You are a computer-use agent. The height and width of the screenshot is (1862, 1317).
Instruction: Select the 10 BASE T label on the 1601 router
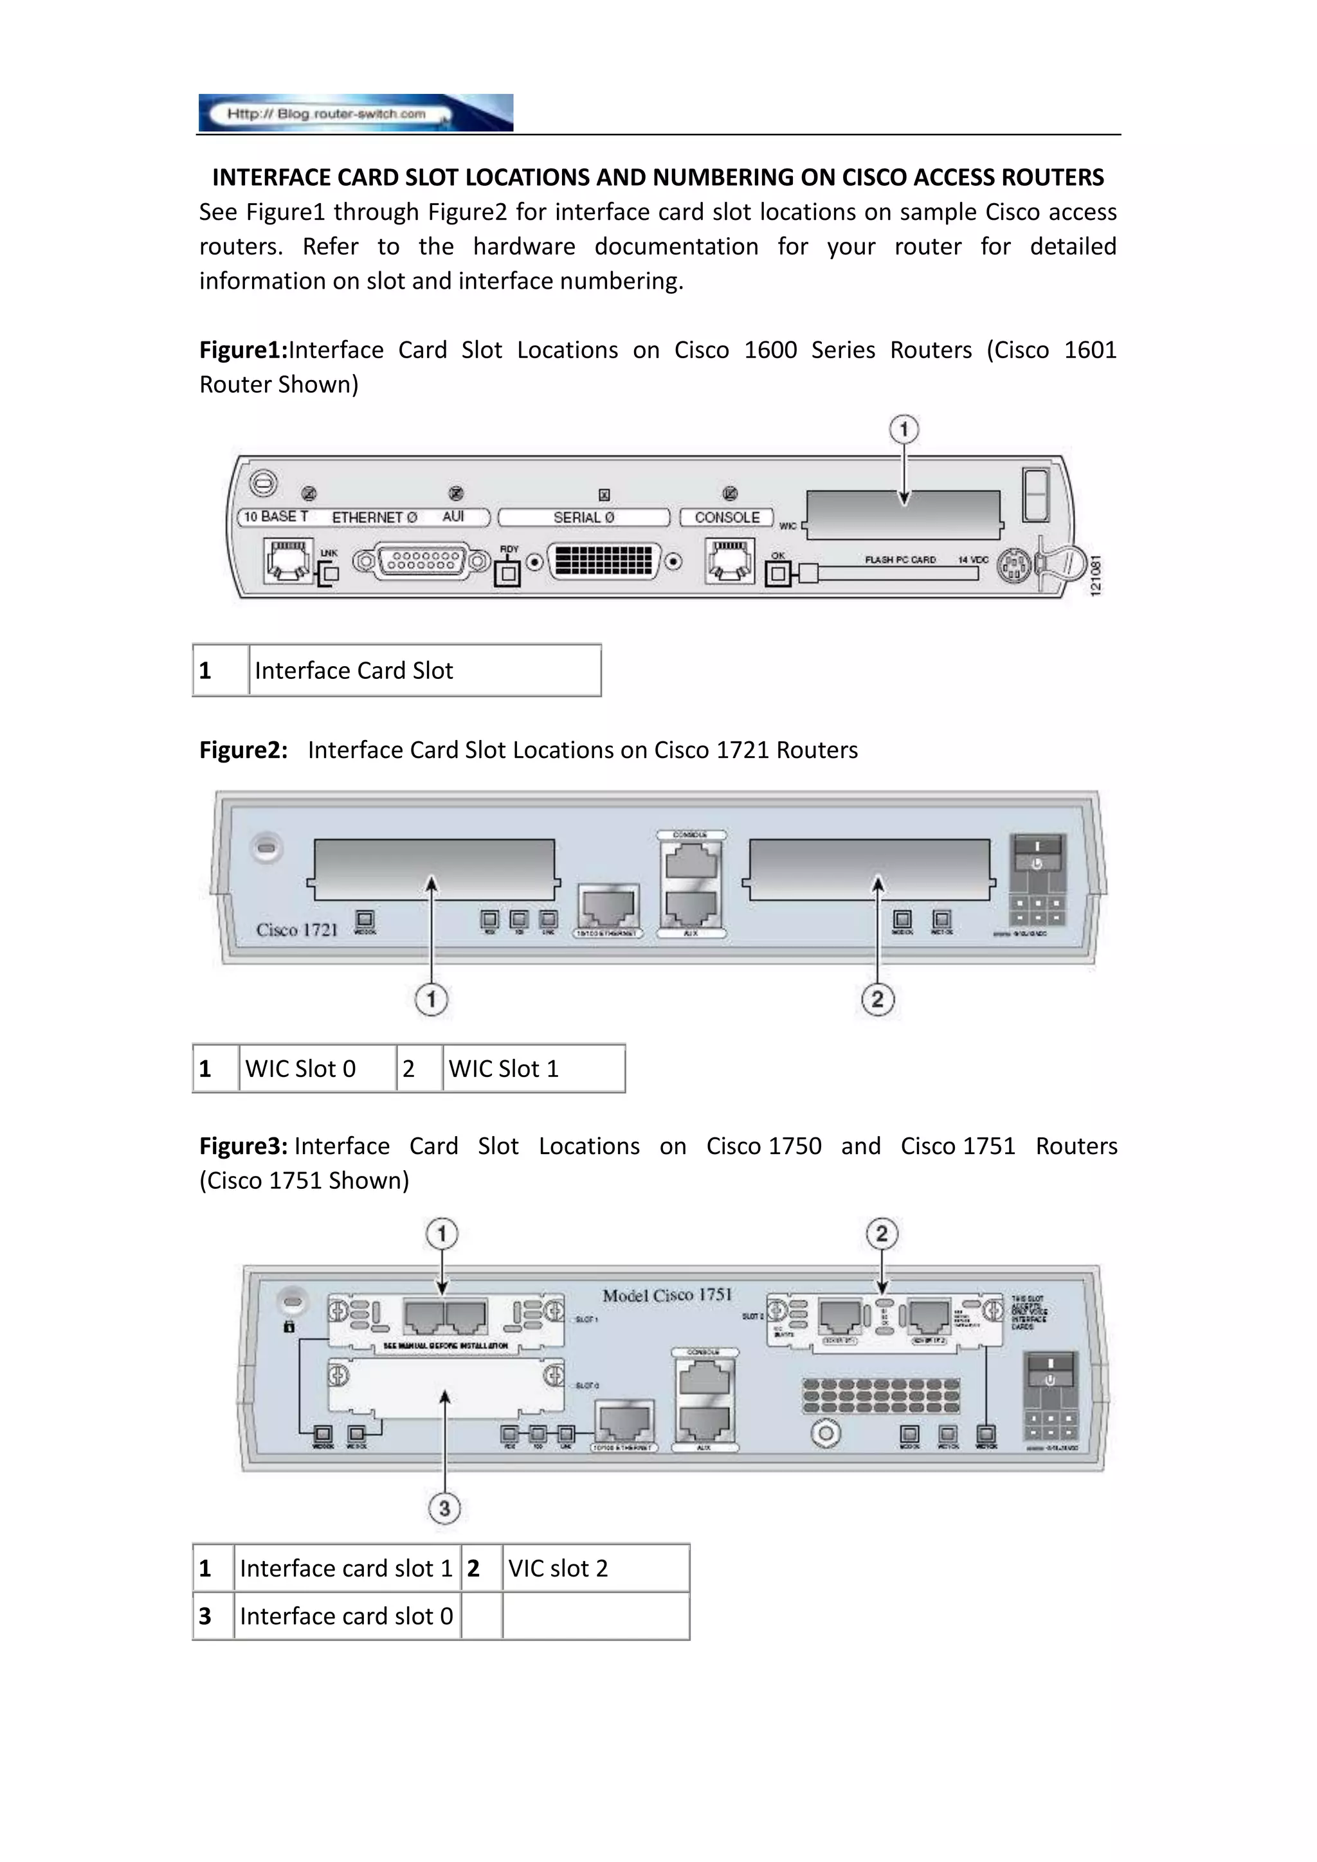click(276, 516)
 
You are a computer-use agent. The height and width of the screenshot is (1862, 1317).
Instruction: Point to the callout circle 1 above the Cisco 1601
click(904, 429)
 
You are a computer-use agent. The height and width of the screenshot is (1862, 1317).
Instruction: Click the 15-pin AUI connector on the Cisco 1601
click(422, 561)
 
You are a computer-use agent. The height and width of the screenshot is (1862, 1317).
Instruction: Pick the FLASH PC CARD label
click(900, 559)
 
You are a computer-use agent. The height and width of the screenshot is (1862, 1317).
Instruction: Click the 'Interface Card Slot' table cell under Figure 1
click(424, 671)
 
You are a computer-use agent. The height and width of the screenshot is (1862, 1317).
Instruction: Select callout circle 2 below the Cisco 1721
click(877, 999)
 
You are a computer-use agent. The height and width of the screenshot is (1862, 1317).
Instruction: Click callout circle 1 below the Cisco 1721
click(431, 999)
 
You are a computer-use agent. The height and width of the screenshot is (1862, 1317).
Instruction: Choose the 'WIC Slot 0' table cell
click(317, 1069)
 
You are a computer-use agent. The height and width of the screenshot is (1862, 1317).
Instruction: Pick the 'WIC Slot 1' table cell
click(534, 1069)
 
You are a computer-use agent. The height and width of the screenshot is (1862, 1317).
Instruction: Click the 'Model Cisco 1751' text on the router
click(667, 1295)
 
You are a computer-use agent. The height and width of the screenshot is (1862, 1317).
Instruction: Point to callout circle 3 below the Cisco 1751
click(444, 1508)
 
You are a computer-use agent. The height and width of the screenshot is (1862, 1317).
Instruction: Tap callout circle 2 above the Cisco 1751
click(882, 1234)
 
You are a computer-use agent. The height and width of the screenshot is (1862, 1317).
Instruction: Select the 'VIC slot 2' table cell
click(595, 1568)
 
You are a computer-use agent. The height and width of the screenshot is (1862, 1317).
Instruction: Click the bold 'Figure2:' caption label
click(243, 750)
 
